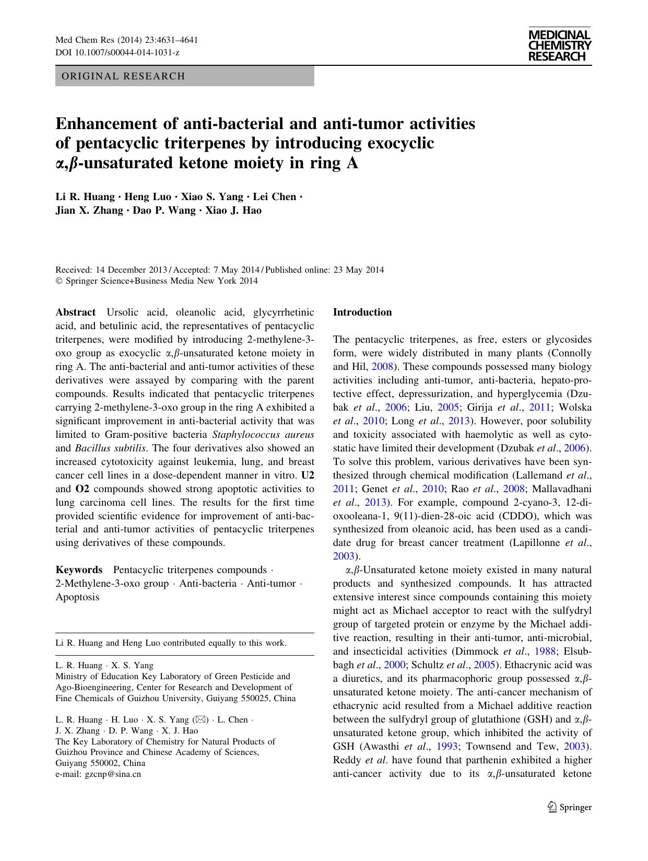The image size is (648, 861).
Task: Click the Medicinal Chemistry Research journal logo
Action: (559, 46)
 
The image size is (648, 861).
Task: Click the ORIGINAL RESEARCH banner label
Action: (123, 76)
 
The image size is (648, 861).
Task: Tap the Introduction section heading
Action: (362, 312)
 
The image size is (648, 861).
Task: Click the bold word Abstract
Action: (76, 312)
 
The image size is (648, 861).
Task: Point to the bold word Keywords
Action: (79, 569)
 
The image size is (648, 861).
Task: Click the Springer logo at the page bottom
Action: (569, 807)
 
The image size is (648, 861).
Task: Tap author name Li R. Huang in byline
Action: (85, 197)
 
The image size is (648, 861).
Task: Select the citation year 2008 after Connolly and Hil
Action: (382, 367)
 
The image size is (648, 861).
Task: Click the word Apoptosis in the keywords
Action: (77, 597)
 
